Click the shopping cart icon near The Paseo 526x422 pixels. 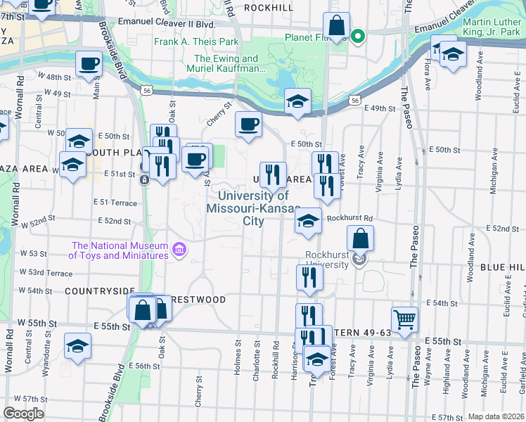404,320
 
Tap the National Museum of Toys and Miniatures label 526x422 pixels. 120,250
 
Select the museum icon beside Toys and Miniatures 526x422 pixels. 179,249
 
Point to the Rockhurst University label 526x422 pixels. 327,259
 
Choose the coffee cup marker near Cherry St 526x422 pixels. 248,124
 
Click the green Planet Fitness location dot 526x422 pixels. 357,36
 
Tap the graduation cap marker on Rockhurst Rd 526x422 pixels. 307,221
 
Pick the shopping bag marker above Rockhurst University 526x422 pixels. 360,238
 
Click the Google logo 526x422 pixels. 23,414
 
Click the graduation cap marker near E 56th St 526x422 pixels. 77,346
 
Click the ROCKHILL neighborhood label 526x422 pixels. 268,7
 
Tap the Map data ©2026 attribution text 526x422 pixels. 496,416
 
